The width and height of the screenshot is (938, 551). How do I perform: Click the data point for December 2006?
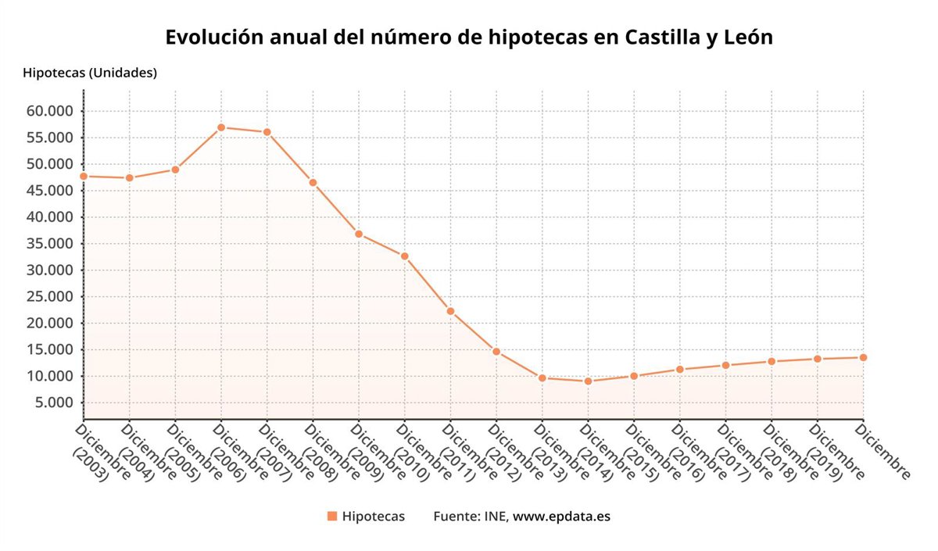221,127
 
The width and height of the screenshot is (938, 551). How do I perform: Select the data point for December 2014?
588,381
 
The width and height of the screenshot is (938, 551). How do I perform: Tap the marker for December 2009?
359,234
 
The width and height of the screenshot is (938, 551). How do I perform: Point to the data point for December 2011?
450,311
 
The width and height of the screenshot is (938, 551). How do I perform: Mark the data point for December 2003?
84,176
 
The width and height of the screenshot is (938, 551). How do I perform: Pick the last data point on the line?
863,357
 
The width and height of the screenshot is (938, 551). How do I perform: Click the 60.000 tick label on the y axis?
50,111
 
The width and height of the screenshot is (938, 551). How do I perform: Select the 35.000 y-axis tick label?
50,244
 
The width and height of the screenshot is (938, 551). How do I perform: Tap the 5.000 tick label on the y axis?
54,403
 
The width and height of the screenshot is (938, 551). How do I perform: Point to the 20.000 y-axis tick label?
50,323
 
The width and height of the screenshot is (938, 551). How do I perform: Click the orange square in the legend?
332,517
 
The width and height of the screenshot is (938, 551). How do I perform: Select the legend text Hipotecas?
374,517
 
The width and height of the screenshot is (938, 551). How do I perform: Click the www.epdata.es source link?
561,517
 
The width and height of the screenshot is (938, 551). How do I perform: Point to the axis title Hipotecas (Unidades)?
90,73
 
